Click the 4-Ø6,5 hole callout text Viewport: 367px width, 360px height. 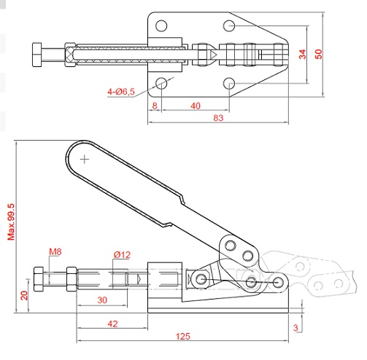click(x=121, y=92)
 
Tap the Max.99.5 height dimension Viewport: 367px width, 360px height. click(x=11, y=222)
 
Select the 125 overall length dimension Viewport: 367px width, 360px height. click(x=182, y=336)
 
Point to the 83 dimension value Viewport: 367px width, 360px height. click(x=218, y=118)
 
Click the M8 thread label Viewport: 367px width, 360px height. click(x=55, y=251)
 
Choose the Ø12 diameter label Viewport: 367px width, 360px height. click(x=122, y=254)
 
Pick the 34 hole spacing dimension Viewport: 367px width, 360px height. click(x=303, y=54)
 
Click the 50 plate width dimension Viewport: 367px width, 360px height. click(x=318, y=54)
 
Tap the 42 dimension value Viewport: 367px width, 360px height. click(x=112, y=324)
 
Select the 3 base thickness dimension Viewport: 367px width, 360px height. click(x=295, y=328)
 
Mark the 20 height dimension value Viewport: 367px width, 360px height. click(x=24, y=295)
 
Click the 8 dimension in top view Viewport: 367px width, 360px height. click(x=155, y=106)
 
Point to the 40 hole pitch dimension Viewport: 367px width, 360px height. click(x=196, y=106)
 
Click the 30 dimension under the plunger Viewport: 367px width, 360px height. click(x=102, y=300)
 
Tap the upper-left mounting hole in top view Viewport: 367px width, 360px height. click(x=161, y=26)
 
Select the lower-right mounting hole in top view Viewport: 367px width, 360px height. click(x=229, y=83)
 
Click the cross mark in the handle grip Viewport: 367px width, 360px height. click(x=85, y=160)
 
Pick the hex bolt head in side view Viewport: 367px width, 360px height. click(x=39, y=279)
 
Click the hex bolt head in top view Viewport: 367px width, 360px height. click(x=37, y=55)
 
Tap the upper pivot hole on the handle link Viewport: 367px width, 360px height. click(x=231, y=246)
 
